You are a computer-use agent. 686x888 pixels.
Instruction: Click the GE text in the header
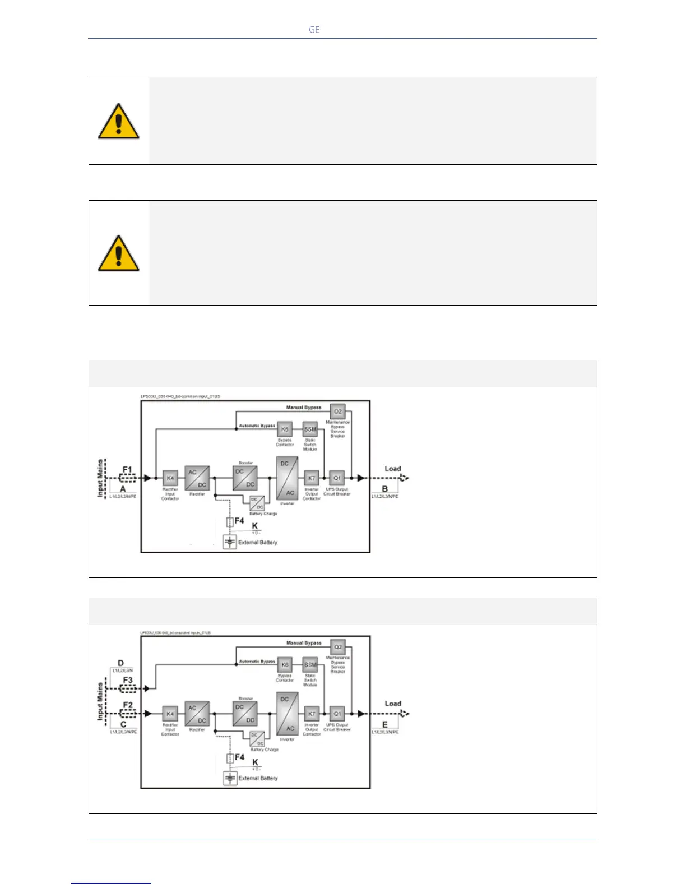(x=314, y=30)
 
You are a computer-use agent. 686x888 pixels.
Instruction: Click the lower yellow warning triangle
(x=118, y=253)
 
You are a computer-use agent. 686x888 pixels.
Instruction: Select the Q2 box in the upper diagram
(x=337, y=411)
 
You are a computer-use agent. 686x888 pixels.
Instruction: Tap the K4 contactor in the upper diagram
(x=170, y=478)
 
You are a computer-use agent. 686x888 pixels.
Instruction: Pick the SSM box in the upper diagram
(x=310, y=429)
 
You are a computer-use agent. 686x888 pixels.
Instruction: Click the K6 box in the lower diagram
(x=285, y=665)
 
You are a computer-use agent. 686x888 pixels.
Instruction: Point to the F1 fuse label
(x=127, y=470)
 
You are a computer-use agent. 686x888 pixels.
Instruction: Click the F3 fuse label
(x=128, y=680)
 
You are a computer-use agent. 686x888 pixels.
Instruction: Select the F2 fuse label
(x=128, y=705)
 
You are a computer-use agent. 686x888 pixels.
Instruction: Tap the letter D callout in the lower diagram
(x=120, y=663)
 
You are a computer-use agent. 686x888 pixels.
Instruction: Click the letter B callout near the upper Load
(x=385, y=489)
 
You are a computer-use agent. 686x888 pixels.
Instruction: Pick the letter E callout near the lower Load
(x=385, y=725)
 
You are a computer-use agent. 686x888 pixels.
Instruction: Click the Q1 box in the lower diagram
(x=337, y=714)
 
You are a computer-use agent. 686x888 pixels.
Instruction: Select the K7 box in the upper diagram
(x=312, y=478)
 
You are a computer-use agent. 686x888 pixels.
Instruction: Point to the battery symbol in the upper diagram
(x=230, y=542)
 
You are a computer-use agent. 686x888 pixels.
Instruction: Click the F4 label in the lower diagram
(x=240, y=757)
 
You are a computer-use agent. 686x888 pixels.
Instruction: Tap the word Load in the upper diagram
(x=393, y=469)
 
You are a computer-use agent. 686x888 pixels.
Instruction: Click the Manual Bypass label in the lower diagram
(x=304, y=643)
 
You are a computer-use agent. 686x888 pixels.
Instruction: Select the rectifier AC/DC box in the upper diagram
(x=197, y=478)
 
